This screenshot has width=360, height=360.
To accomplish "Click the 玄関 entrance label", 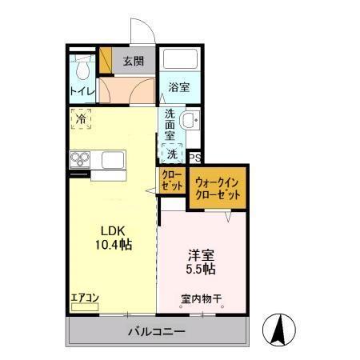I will (x=133, y=60).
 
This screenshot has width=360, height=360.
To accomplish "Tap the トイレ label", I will (x=82, y=90).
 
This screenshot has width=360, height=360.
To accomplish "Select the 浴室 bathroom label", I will (x=178, y=87).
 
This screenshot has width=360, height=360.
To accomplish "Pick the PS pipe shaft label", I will (x=194, y=158).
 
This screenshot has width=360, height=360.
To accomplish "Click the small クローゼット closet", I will (x=171, y=180).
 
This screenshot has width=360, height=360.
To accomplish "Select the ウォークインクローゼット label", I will (x=217, y=189).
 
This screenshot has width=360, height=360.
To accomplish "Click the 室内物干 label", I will (x=200, y=300).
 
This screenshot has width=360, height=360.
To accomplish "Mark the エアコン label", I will (x=84, y=297).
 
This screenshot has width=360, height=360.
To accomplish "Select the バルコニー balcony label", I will (x=158, y=331).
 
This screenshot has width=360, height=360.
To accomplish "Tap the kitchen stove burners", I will (x=81, y=159).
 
